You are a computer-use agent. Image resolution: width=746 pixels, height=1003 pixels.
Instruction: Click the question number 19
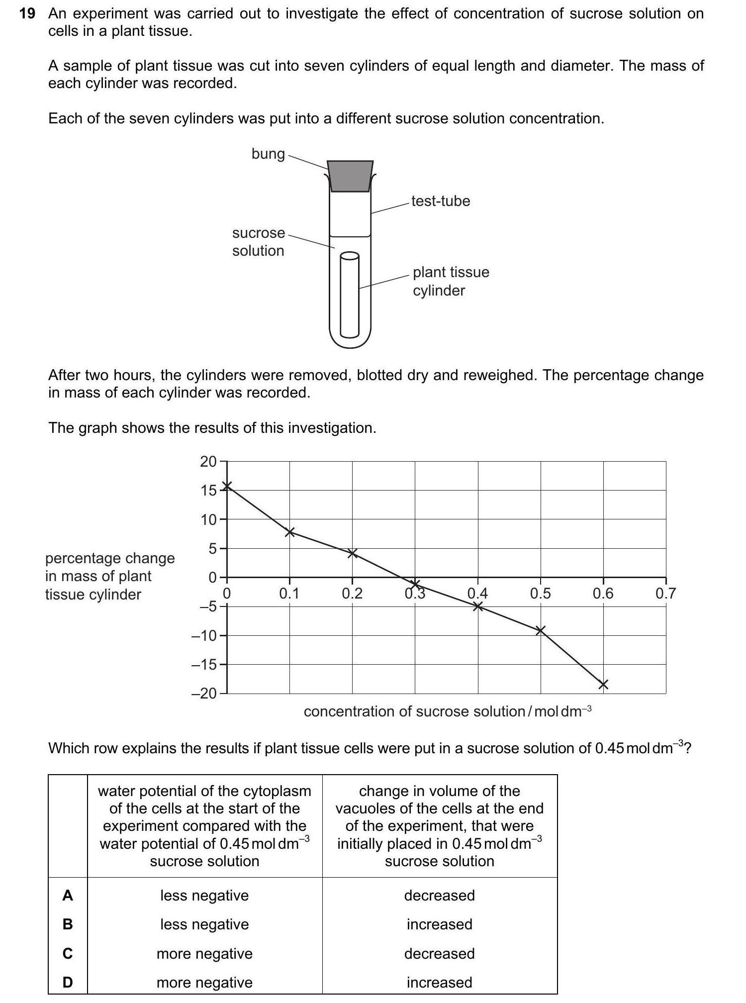pyautogui.click(x=27, y=14)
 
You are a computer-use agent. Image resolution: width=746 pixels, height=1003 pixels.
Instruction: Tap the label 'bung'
pyautogui.click(x=268, y=154)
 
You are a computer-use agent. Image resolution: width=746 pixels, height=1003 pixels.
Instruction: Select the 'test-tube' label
pyautogui.click(x=441, y=201)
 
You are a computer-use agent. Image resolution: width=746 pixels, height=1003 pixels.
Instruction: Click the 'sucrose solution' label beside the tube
pyautogui.click(x=258, y=242)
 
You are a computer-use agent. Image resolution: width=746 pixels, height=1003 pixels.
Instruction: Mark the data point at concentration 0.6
pyautogui.click(x=603, y=685)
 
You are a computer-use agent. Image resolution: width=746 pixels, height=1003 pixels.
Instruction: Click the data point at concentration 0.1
pyautogui.click(x=290, y=532)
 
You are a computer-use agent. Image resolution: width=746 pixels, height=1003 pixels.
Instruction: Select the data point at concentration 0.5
pyautogui.click(x=541, y=631)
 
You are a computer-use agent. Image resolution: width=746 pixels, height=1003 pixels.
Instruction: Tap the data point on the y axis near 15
pyautogui.click(x=227, y=486)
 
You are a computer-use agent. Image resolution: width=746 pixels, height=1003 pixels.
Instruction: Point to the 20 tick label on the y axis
pyautogui.click(x=208, y=462)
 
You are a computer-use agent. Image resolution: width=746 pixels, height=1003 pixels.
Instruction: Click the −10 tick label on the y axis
pyautogui.click(x=204, y=636)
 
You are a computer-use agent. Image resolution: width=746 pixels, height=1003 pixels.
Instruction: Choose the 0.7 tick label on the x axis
pyautogui.click(x=665, y=594)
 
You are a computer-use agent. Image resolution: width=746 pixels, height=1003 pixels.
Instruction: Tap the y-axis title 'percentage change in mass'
pyautogui.click(x=110, y=576)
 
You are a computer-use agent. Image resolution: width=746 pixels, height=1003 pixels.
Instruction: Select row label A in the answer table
pyautogui.click(x=68, y=896)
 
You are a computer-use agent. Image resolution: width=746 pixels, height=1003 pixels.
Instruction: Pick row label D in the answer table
pyautogui.click(x=68, y=983)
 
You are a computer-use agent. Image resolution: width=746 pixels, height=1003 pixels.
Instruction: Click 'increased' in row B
pyautogui.click(x=439, y=924)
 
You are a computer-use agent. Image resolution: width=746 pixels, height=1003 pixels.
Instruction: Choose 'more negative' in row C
pyautogui.click(x=204, y=953)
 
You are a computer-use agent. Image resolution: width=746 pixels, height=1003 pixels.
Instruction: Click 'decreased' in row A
pyautogui.click(x=439, y=896)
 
